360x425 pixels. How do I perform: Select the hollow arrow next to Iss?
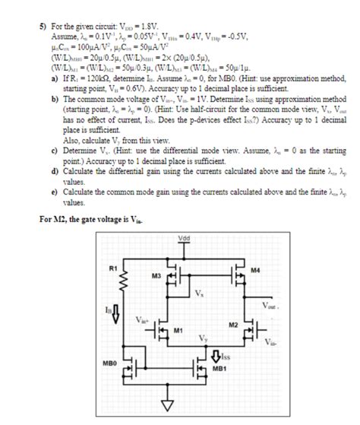pyautogui.click(x=216, y=353)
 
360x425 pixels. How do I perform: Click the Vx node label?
pyautogui.click(x=199, y=293)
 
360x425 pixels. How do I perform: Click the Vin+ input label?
pyautogui.click(x=144, y=320)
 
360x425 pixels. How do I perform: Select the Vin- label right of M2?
pyautogui.click(x=271, y=342)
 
